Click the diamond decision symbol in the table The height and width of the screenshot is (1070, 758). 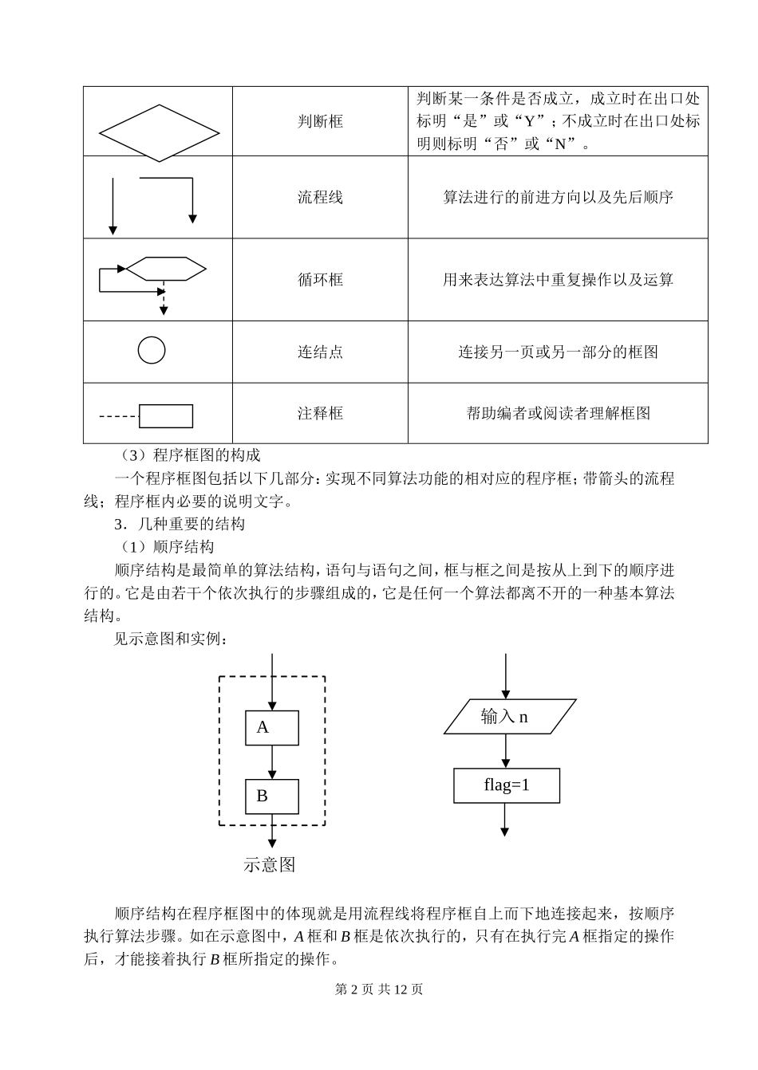coord(159,132)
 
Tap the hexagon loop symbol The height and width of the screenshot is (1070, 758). coord(166,269)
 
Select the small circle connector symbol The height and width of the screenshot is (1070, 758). coord(152,350)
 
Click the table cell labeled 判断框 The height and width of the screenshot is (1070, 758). coord(320,121)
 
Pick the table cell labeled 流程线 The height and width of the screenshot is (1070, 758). coord(320,197)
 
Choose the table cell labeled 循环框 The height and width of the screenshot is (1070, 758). coord(320,279)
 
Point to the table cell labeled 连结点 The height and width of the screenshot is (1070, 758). coord(320,352)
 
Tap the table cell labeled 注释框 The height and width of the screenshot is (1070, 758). coord(320,413)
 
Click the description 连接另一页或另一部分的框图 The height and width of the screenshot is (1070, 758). coord(558,352)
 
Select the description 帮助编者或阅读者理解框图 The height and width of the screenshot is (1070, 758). coord(558,413)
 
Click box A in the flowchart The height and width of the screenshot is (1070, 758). coord(271,727)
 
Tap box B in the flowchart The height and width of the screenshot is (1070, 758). coord(271,796)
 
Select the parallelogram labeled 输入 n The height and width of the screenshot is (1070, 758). coord(509,716)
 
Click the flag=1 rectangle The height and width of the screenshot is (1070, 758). coord(507,785)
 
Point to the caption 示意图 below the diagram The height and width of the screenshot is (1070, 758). coord(270,865)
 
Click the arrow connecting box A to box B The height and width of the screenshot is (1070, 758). coord(272,761)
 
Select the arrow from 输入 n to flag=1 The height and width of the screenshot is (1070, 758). coord(505,751)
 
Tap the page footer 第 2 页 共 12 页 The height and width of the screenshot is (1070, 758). coord(379,989)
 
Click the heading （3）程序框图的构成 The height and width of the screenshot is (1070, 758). coord(188,455)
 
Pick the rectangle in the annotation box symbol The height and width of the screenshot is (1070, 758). coord(166,416)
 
